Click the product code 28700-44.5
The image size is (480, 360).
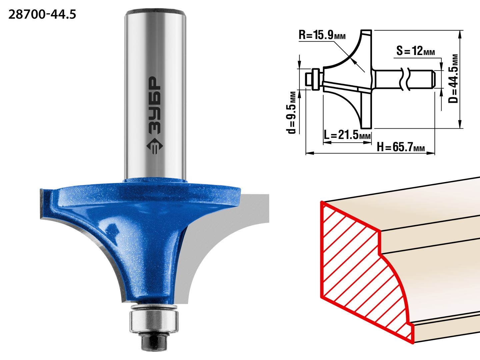42,15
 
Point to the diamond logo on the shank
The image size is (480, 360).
154,146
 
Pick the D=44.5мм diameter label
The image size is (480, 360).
453,79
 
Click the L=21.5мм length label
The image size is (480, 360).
347,135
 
